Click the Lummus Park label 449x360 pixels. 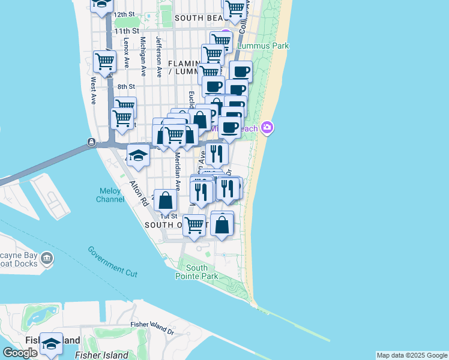(263, 46)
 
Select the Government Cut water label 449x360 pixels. (112, 262)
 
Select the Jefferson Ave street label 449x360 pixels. (159, 57)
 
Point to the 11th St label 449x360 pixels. (127, 31)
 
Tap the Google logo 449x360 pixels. (20, 353)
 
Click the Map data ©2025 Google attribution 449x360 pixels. (412, 355)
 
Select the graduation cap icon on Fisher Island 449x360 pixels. (51, 343)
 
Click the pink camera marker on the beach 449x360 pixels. (267, 127)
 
